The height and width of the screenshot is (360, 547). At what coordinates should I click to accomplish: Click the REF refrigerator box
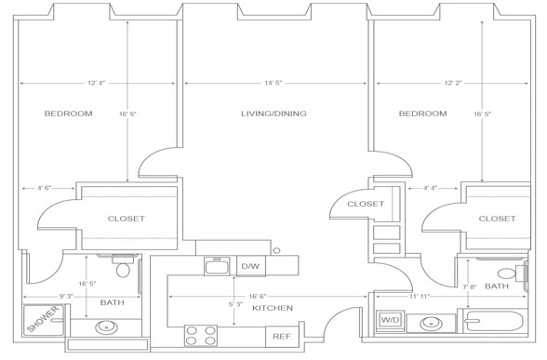pos(282,337)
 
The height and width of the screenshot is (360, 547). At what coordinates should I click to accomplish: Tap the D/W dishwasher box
pos(251,266)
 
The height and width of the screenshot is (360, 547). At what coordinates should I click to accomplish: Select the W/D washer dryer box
pos(391,320)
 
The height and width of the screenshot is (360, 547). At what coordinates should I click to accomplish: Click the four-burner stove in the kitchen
pos(201,336)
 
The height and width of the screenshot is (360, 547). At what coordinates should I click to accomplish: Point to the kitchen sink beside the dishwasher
pos(217,266)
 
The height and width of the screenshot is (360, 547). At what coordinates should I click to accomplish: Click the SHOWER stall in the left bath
pos(44,320)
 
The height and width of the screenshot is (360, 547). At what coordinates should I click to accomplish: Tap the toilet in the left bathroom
pos(123,265)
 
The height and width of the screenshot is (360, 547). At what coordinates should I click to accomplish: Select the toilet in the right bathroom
pos(512,273)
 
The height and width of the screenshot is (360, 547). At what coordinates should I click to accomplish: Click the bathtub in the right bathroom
pos(493,321)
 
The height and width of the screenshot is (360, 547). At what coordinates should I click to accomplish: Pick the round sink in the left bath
pos(106,327)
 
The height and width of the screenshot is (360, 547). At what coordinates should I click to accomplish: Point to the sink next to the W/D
pos(431,324)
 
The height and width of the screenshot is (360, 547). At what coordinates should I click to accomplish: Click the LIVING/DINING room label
pos(273,113)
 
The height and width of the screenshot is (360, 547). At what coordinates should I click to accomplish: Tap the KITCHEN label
pos(273,308)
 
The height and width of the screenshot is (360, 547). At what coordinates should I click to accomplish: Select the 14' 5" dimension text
pos(273,83)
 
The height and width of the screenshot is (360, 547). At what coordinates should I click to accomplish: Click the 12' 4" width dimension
pos(97,83)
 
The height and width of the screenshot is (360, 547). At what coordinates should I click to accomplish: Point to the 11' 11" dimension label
pos(420,297)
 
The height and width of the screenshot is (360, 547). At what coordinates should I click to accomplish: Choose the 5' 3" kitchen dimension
pos(235,304)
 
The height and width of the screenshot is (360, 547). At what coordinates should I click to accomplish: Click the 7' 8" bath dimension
pos(470,287)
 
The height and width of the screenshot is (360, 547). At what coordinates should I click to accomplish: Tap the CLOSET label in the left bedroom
pos(126,219)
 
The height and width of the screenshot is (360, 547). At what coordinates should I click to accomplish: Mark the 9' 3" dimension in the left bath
pos(65,297)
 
